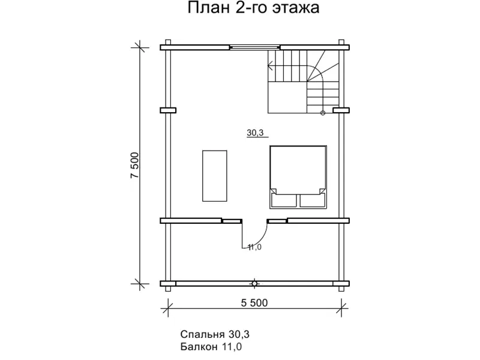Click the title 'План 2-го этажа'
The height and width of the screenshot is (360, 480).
tap(253, 8)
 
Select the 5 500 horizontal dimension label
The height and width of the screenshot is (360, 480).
tap(254, 303)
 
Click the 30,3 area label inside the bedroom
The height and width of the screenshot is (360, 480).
tap(256, 133)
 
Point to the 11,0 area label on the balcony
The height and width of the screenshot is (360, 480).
tap(254, 247)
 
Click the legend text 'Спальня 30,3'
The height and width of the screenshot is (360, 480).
tap(214, 334)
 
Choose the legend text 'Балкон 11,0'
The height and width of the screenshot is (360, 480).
tap(211, 347)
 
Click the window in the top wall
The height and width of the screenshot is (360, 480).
tap(255, 46)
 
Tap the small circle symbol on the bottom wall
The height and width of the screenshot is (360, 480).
tap(255, 283)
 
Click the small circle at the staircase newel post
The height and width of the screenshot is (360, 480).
tap(323, 112)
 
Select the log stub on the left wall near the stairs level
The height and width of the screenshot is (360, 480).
tap(167, 110)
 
